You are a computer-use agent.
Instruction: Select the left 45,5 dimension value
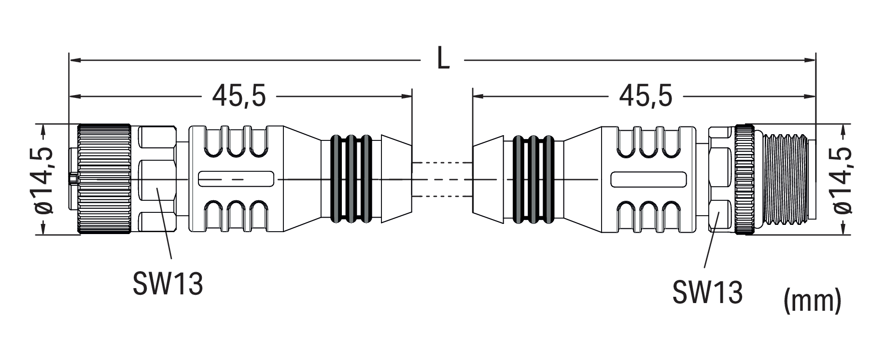(x=239, y=97)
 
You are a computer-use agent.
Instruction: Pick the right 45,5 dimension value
(x=646, y=97)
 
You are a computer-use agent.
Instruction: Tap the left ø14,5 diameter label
(x=45, y=180)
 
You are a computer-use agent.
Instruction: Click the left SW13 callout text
(x=168, y=284)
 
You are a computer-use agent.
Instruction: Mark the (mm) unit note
(x=813, y=301)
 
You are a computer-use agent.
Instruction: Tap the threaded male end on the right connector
(x=782, y=180)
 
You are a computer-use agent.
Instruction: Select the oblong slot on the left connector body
(x=236, y=179)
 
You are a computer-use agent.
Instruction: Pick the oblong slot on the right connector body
(x=648, y=179)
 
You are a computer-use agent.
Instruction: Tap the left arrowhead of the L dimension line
(x=74, y=60)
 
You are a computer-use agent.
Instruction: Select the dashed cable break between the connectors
(x=442, y=180)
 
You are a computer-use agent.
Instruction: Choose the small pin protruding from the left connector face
(x=72, y=180)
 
